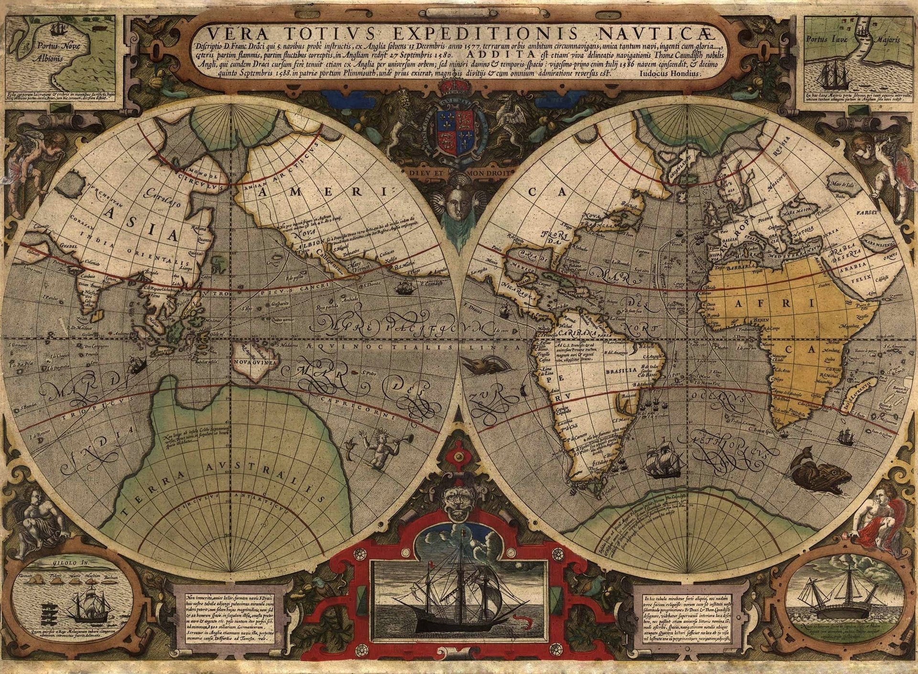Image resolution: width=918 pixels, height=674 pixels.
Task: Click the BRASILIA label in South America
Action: [x=620, y=370]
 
